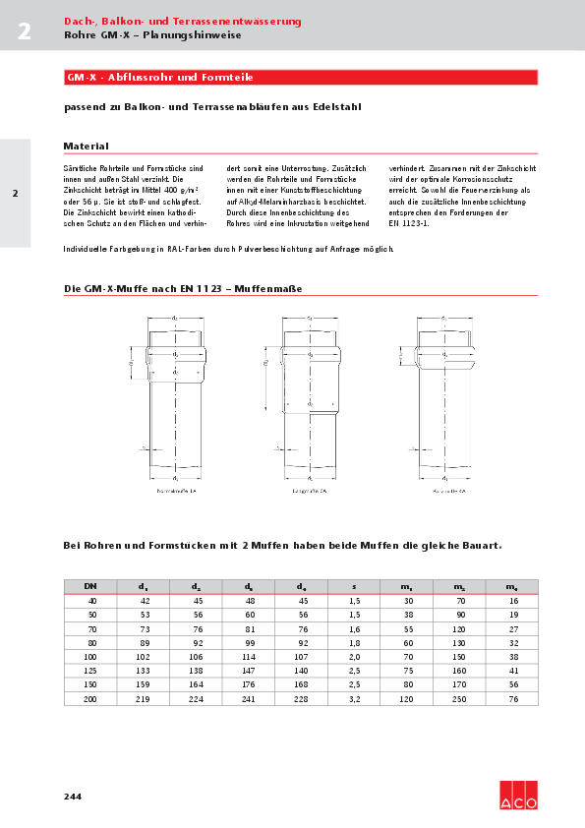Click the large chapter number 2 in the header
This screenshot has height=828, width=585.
tap(24, 30)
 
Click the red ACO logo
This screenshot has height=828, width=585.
tap(518, 796)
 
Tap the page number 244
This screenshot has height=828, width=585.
tap(73, 796)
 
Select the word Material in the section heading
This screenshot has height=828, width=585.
tap(86, 146)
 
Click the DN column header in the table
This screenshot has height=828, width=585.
tap(90, 586)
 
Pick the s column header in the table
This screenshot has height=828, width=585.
tap(355, 586)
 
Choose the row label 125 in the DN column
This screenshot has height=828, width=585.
tap(90, 669)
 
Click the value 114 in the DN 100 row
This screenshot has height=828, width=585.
tap(250, 655)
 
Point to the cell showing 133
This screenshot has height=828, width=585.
tap(145, 669)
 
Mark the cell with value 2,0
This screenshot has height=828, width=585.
tap(355, 655)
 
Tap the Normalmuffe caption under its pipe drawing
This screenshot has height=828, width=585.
tap(177, 489)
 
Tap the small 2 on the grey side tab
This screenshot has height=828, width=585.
tap(15, 194)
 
